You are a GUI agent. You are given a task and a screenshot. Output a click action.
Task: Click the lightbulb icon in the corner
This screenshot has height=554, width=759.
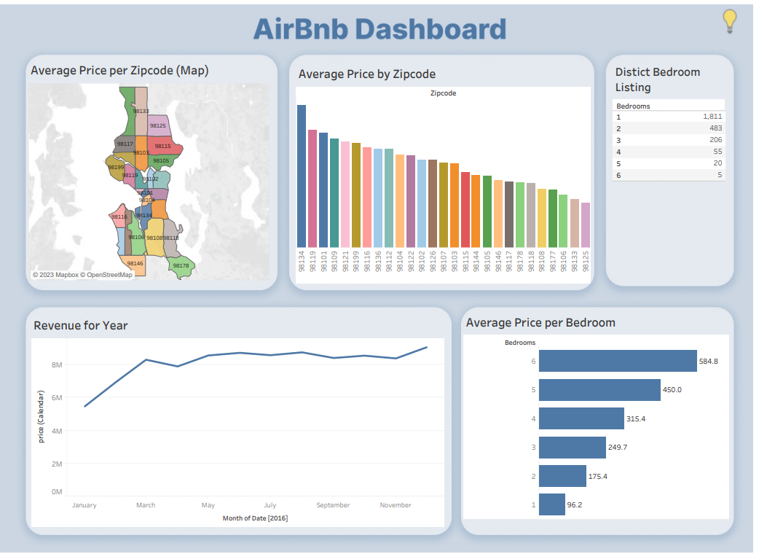730,21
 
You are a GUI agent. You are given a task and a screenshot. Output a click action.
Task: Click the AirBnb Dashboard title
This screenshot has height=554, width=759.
379,29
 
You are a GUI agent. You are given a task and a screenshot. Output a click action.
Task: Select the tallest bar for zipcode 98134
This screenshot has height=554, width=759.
302,176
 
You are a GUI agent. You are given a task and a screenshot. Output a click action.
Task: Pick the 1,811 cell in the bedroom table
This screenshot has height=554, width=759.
712,117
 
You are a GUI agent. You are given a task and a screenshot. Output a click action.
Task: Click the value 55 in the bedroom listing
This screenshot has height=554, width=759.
717,152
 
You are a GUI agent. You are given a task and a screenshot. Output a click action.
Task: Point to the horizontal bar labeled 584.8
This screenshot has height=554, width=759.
618,361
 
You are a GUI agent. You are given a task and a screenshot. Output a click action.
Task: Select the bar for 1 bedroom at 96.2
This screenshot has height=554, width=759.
552,504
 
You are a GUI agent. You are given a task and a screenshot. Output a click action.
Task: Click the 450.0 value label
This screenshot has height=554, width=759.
672,390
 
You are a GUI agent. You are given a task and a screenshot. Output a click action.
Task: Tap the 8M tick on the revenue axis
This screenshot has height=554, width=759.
56,364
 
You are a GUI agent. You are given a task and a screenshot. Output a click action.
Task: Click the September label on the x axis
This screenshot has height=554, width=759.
333,505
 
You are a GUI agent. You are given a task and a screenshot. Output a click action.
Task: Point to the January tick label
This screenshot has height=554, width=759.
84,505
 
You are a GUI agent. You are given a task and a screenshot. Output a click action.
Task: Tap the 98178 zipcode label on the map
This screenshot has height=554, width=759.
181,266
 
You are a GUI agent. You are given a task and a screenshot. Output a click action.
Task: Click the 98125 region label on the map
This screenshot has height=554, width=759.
157,126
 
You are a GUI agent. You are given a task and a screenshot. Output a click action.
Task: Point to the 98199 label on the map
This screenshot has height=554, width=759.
116,167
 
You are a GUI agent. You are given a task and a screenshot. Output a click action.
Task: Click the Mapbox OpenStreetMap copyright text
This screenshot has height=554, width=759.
82,275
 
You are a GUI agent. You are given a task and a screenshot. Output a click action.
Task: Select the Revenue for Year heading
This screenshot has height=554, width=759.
80,326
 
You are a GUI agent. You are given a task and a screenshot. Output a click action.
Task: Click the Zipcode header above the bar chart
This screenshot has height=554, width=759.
443,93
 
